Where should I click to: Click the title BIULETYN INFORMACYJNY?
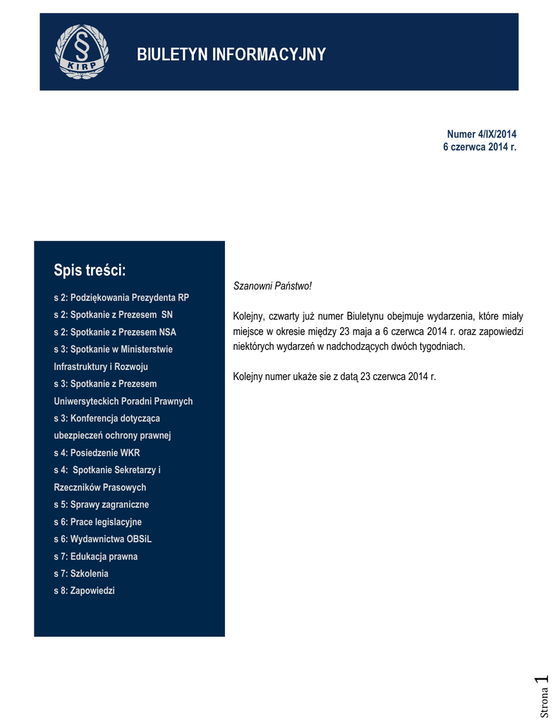coord(231,54)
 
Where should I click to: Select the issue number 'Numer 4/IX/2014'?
coord(482,134)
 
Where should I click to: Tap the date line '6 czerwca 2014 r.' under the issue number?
coord(480,147)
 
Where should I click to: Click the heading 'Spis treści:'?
coord(90,270)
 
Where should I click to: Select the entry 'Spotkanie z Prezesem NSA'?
coord(115,332)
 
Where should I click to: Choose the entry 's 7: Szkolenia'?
coord(81,574)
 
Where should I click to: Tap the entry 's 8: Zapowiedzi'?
coord(84,591)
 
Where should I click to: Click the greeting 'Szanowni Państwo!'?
coord(272,286)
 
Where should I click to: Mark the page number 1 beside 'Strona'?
coord(542,680)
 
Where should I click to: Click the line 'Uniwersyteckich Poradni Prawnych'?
coord(123,401)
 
